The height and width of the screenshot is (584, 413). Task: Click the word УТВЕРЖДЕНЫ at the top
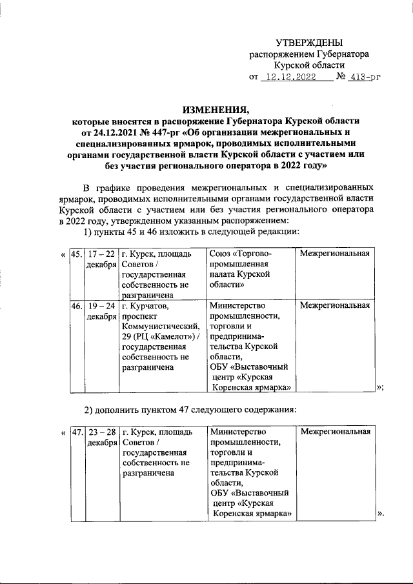(309, 42)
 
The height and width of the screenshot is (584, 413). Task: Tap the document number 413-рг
(362, 77)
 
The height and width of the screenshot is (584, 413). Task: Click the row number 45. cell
(76, 254)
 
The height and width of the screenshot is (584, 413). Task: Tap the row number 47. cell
(76, 432)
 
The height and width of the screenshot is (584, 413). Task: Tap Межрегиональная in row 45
(335, 254)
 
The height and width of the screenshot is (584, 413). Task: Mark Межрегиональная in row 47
(335, 432)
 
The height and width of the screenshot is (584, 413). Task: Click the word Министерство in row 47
(237, 432)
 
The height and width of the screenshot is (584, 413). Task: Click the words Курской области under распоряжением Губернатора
(309, 65)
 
